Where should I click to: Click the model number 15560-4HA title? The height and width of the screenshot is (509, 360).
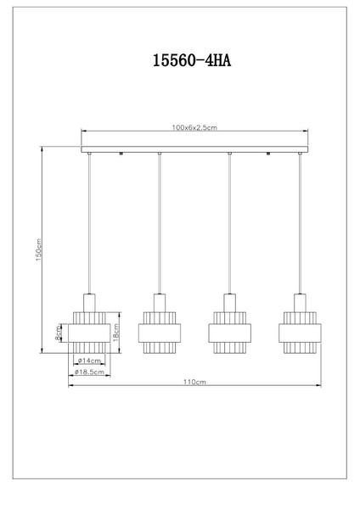click(x=192, y=60)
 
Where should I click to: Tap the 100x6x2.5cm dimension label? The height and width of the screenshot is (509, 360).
click(x=194, y=127)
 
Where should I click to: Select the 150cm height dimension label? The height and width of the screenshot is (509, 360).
click(x=39, y=249)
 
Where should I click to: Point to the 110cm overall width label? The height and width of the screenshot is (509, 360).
click(x=194, y=382)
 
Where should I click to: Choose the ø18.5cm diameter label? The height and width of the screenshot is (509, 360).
click(x=89, y=372)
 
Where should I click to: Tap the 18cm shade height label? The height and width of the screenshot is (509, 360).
click(x=116, y=332)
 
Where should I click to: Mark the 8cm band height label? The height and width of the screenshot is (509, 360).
click(x=58, y=333)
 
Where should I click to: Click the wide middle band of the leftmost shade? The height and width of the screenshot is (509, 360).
click(x=89, y=333)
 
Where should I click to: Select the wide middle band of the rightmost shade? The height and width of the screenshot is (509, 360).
click(x=300, y=333)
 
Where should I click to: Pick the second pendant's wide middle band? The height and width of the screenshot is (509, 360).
click(x=160, y=333)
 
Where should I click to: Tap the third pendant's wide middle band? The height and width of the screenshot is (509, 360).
click(x=230, y=333)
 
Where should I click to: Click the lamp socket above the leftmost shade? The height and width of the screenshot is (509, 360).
click(x=89, y=303)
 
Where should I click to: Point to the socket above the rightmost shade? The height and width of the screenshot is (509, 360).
click(x=300, y=303)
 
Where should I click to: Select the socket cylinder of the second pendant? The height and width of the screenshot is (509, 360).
click(x=160, y=303)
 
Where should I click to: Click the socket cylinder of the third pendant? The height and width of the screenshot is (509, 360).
click(x=230, y=303)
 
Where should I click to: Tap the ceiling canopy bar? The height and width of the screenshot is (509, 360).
click(x=194, y=149)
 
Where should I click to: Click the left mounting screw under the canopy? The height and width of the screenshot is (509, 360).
click(x=121, y=154)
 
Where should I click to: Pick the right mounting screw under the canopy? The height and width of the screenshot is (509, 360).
click(x=268, y=154)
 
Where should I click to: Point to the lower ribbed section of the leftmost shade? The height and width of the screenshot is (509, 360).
click(x=89, y=347)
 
